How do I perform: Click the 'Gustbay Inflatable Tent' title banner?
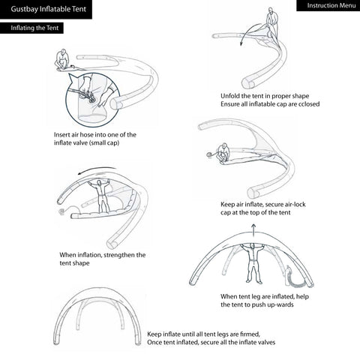[x=46, y=9]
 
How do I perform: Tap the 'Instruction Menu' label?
[x=328, y=5]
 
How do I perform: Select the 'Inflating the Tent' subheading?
[x=31, y=28]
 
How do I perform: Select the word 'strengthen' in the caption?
[x=118, y=255]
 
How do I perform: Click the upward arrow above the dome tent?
[x=253, y=230]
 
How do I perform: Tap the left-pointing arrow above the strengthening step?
[x=97, y=169]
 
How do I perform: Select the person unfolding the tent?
[x=271, y=21]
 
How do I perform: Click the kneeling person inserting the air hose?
[x=61, y=59]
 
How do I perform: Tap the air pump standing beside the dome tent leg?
[x=288, y=274]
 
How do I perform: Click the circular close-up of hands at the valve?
[x=93, y=100]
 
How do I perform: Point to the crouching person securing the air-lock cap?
[x=223, y=153]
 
